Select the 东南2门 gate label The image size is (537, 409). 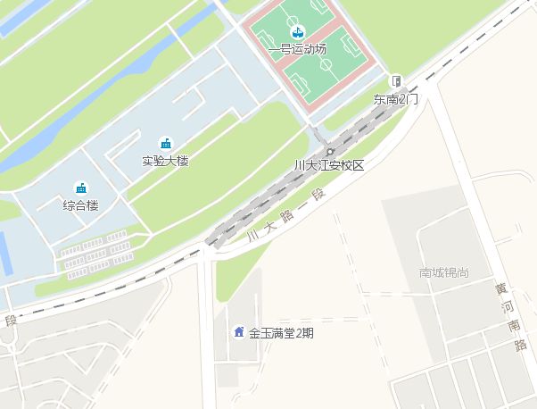pos(396,98)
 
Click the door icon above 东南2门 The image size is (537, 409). pos(396,81)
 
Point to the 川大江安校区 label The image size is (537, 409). pos(330,165)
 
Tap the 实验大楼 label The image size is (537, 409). pos(165,161)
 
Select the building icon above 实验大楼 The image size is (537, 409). pos(165,144)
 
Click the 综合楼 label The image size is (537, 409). pos(80,205)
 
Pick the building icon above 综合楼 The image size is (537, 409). pos(80,188)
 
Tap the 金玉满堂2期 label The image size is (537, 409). pos(281,333)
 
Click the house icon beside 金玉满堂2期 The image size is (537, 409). pos(238,333)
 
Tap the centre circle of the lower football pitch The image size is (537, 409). pos(326,65)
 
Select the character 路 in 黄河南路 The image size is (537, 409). pos(519,346)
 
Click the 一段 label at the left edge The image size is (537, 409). pos(11,320)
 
